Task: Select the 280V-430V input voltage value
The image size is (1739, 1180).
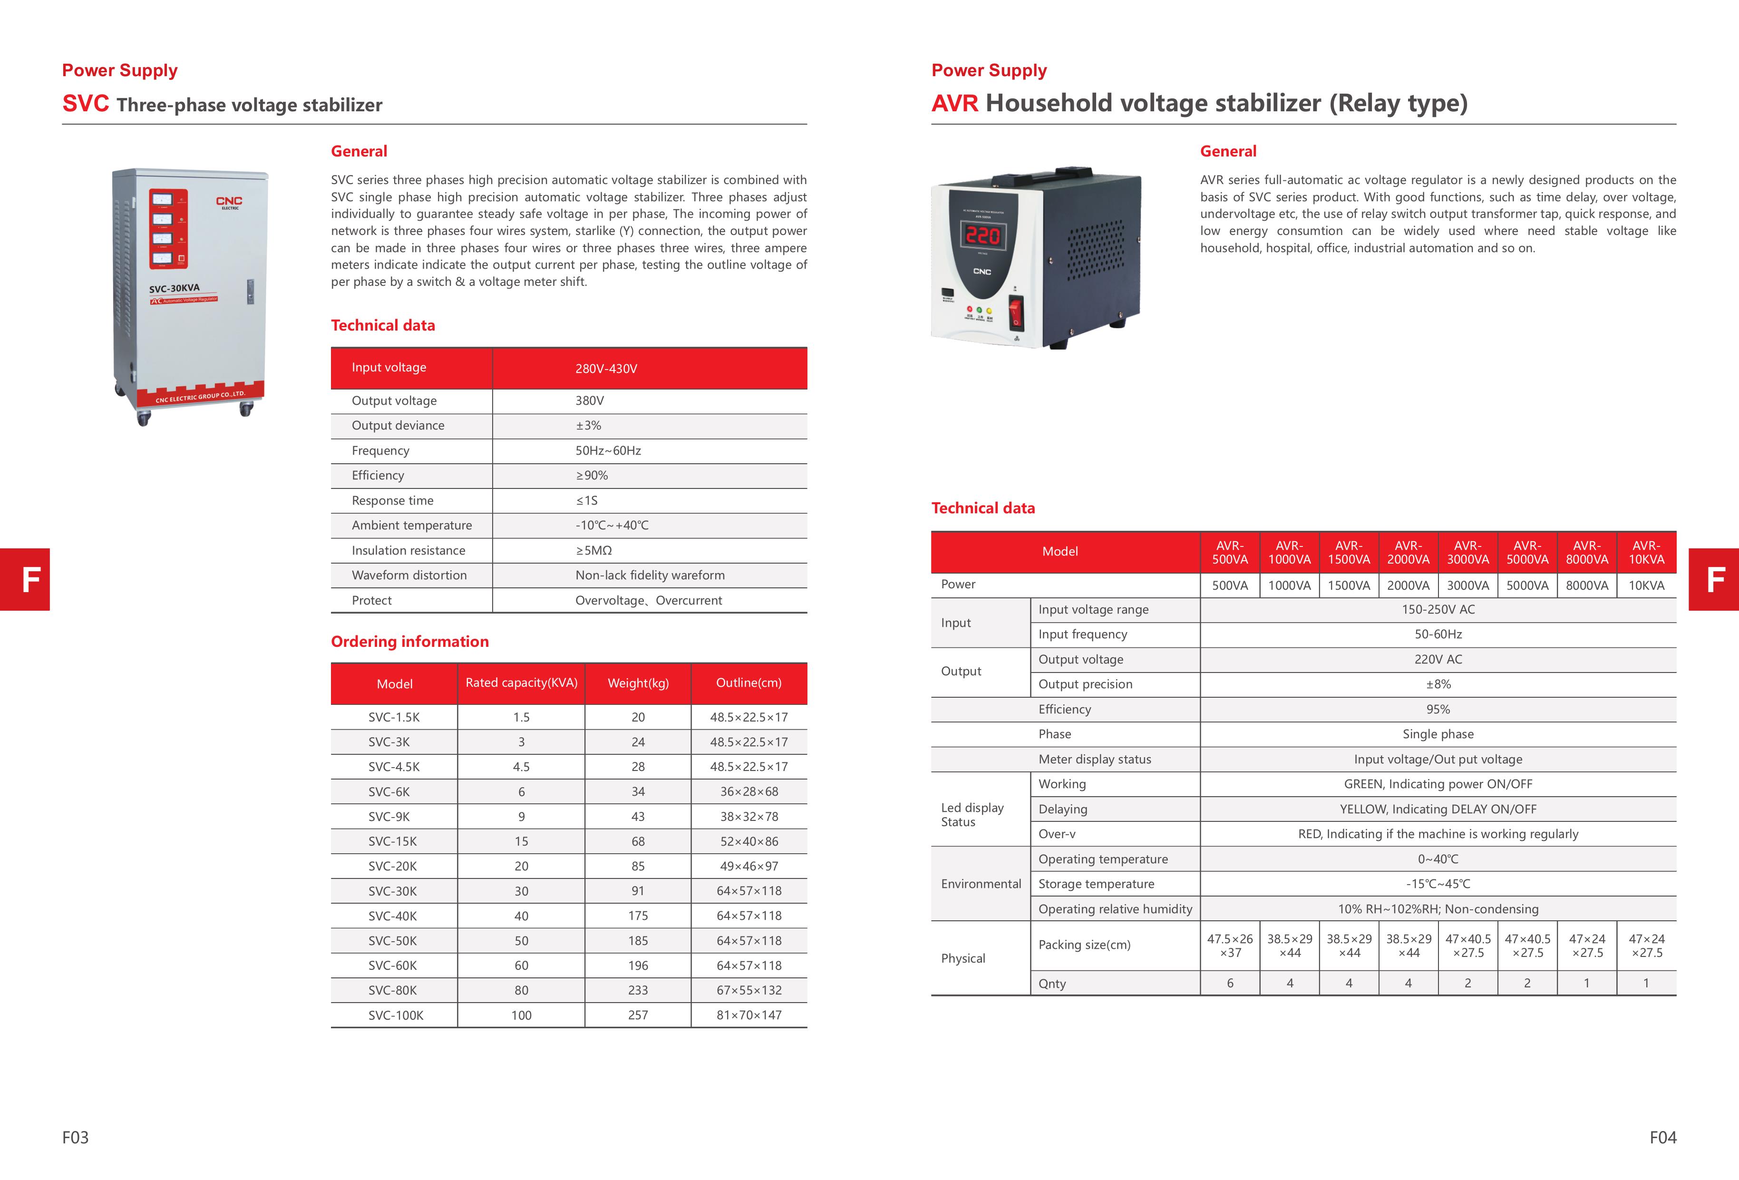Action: (606, 368)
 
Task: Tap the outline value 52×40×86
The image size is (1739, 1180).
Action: (748, 841)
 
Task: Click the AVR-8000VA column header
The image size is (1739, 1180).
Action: (1586, 552)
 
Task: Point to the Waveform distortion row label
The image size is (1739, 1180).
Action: (408, 575)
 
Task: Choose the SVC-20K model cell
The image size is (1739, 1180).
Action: (392, 866)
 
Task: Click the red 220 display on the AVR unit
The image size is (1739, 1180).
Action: (982, 236)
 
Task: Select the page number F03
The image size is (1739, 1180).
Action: (76, 1137)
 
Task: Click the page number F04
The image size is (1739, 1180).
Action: (1662, 1137)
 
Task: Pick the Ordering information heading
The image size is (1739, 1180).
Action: (409, 641)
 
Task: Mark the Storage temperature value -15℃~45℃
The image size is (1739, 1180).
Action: (1438, 884)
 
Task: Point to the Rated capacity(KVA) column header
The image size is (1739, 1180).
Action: (522, 683)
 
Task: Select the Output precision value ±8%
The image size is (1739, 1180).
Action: (1438, 684)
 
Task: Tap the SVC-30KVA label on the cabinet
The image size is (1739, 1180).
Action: (175, 288)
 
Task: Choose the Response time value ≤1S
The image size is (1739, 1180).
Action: (587, 500)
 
